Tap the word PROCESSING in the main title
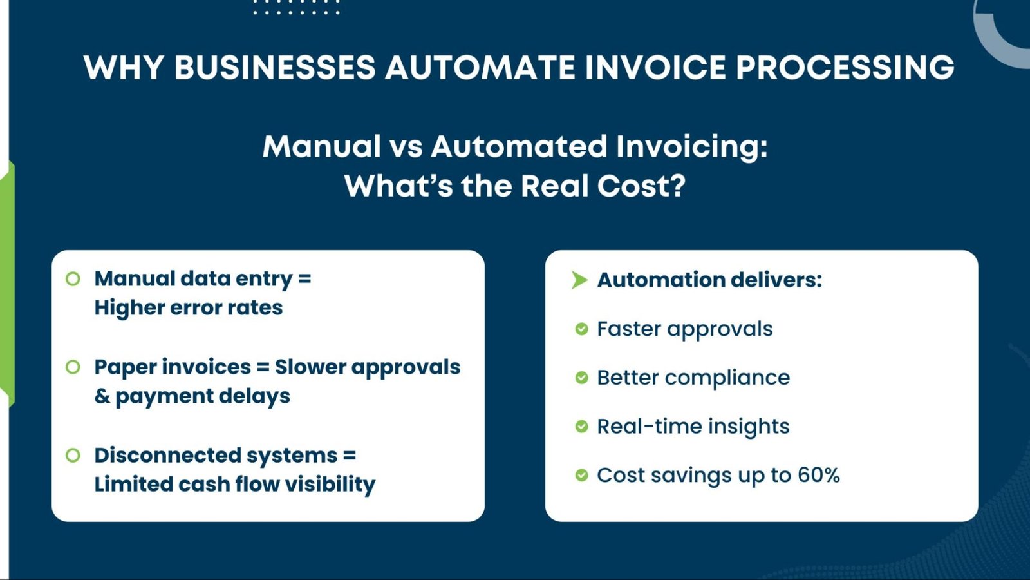tap(844, 68)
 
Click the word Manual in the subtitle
tap(322, 147)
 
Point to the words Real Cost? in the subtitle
tap(603, 186)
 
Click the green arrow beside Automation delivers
tap(579, 280)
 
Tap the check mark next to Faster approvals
tap(581, 329)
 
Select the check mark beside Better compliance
tap(581, 378)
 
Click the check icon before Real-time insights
tap(581, 427)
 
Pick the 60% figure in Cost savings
tap(818, 476)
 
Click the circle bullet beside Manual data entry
tap(73, 279)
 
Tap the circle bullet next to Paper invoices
tap(73, 367)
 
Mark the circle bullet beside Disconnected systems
tap(73, 456)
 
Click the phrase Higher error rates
tap(188, 308)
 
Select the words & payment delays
tap(192, 396)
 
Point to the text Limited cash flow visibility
tap(234, 485)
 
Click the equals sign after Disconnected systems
tap(350, 456)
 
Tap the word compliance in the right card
tap(727, 378)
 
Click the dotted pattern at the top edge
tap(296, 8)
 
